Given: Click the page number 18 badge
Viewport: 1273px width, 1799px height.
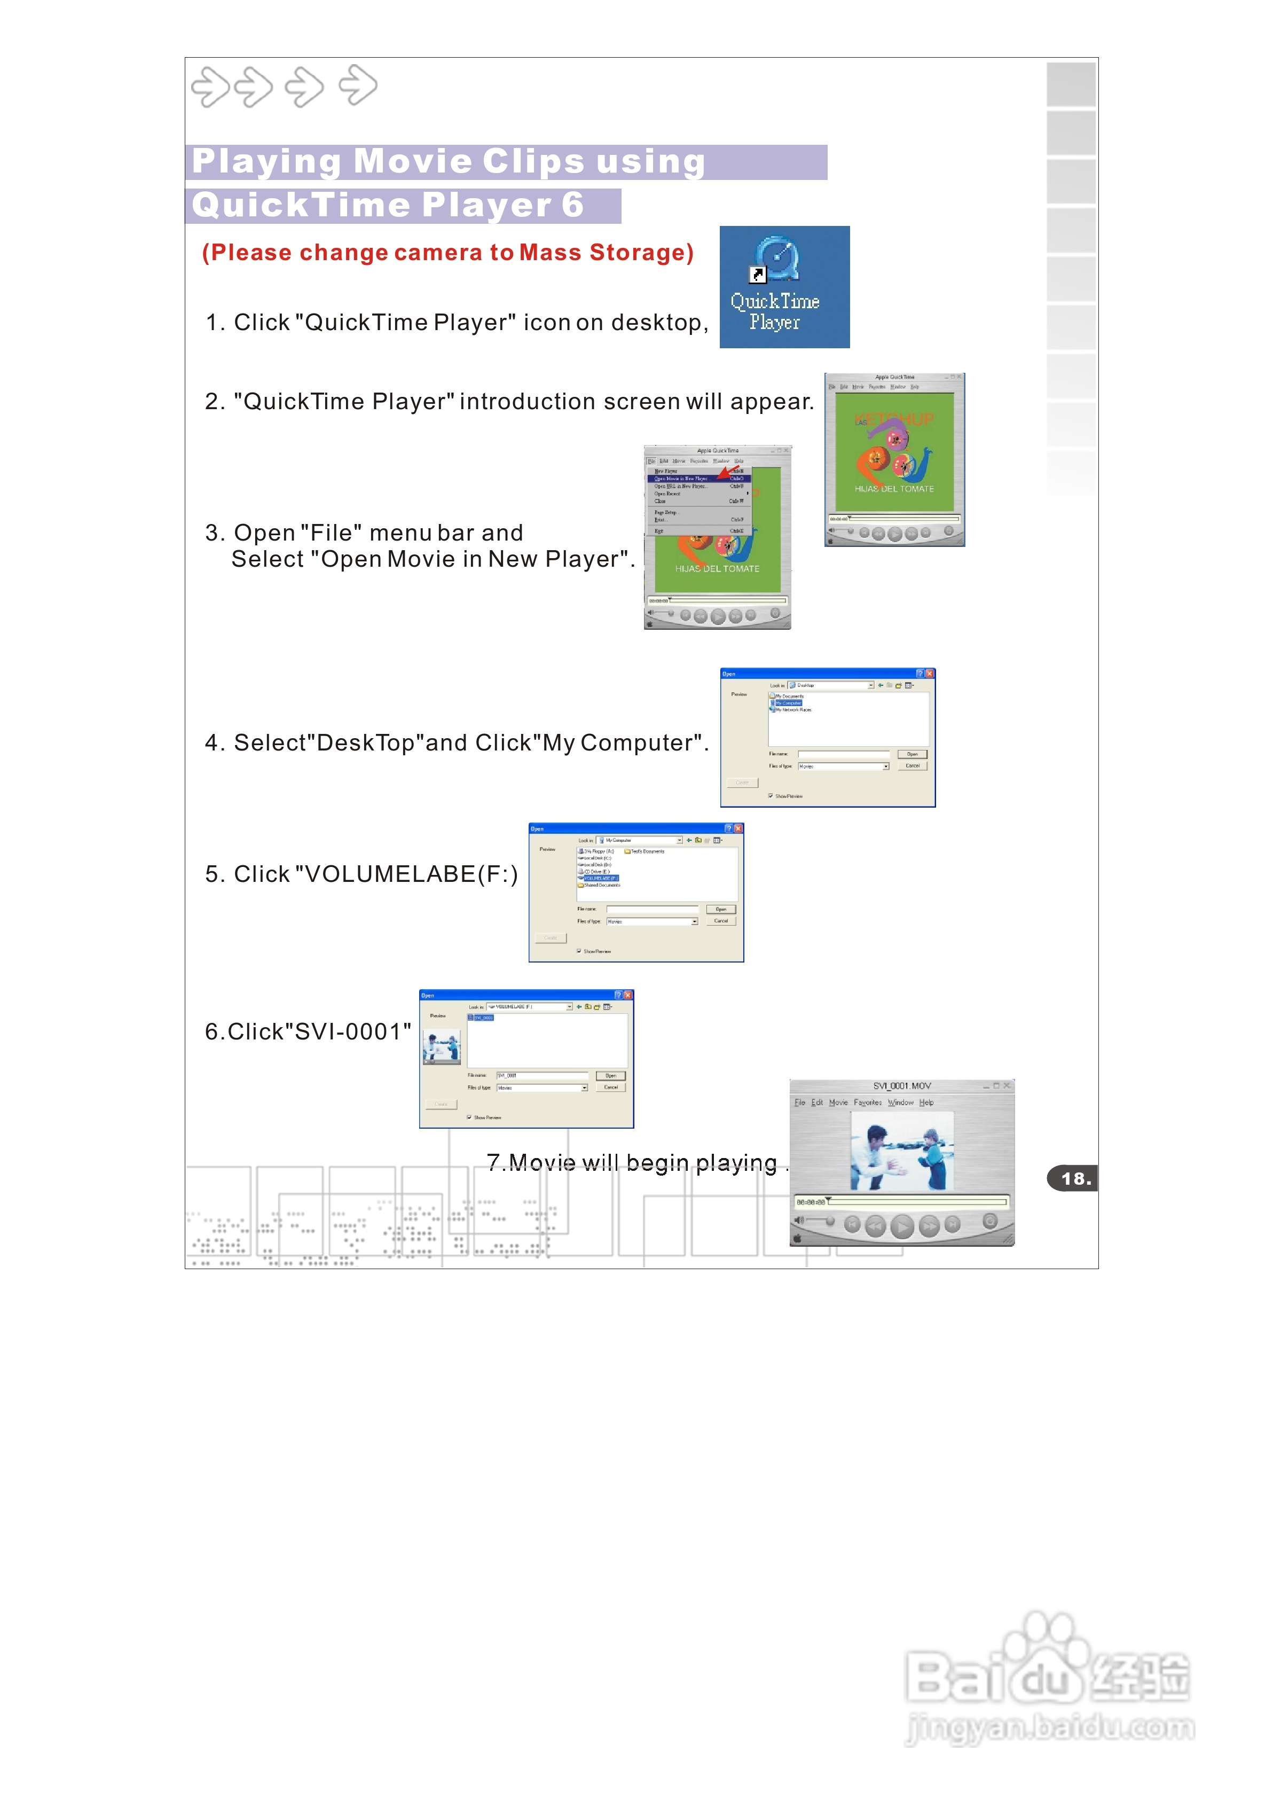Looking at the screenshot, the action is coord(1073,1178).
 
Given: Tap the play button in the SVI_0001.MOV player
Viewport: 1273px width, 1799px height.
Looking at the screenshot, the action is coord(902,1225).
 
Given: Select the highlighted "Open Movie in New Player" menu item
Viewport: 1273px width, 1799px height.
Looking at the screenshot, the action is coord(682,478).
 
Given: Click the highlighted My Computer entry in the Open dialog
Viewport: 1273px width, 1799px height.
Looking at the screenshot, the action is coord(788,703).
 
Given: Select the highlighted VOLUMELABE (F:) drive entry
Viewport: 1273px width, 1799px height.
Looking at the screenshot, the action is coord(600,878).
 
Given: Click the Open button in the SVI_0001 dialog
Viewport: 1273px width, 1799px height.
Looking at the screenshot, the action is coord(611,1075).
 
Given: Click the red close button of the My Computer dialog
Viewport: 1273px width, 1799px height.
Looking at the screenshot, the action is coord(737,828).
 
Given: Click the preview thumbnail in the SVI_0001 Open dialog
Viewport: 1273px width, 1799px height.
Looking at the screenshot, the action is coord(441,1046).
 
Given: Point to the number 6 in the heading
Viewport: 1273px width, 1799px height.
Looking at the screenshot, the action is coord(572,205).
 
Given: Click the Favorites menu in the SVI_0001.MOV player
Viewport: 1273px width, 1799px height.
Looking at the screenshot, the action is coord(867,1102).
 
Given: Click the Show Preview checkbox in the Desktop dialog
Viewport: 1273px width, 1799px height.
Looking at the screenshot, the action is coord(771,796).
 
